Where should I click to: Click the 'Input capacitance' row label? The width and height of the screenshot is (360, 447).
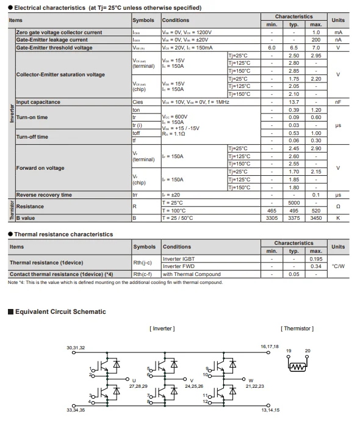39,102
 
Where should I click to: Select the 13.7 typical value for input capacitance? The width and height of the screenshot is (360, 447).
293,102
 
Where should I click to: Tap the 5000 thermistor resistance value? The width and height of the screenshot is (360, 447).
293,202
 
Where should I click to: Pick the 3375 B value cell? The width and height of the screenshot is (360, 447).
293,218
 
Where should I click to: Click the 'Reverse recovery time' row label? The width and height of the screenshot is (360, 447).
43,195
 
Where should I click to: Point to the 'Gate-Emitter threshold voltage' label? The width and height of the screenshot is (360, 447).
54,48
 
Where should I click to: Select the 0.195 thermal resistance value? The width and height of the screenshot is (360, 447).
315,259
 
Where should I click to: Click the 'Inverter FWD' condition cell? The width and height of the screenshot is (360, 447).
179,266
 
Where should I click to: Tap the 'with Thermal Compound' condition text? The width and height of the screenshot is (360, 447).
192,274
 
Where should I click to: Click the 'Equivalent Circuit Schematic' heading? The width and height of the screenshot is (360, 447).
60,311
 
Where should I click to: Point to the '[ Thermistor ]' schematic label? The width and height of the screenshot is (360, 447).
297,329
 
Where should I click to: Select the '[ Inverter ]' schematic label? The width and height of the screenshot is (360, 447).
162,329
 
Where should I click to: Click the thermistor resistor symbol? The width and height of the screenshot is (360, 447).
297,366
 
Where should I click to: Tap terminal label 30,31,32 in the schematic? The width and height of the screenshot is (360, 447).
76,347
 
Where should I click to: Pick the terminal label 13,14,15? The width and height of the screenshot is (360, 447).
270,410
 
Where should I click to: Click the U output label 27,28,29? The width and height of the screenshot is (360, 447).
138,386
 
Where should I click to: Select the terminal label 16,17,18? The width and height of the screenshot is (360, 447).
269,346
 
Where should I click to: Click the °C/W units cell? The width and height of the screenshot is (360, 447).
338,266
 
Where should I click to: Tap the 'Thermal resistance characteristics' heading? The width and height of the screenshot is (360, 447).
63,234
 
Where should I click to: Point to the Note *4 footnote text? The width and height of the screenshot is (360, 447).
115,282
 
